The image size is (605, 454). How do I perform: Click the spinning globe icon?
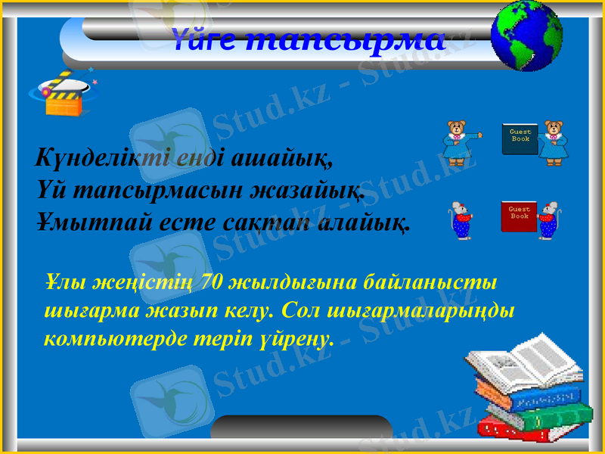526,36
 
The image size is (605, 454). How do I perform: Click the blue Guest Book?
520,138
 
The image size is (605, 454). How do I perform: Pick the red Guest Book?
518,216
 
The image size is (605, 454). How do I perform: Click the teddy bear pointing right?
458,141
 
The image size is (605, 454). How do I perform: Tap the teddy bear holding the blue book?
554,141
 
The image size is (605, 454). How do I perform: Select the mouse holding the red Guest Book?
548,220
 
